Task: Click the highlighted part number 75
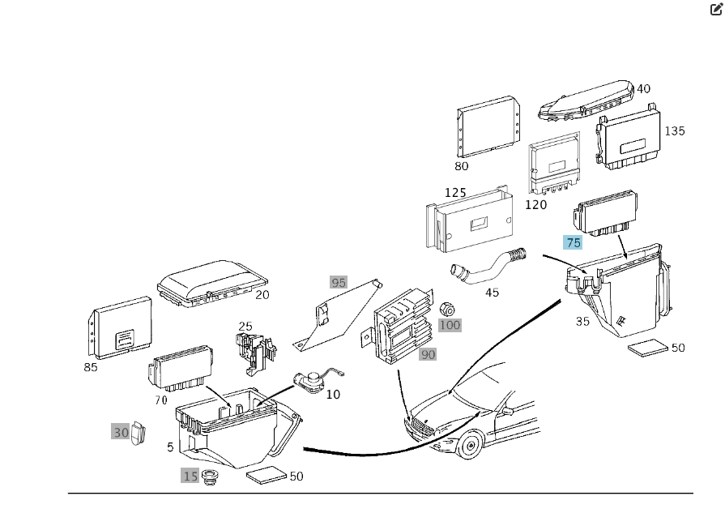click(574, 242)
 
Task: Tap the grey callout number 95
click(339, 283)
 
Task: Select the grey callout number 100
click(450, 325)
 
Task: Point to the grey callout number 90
click(428, 354)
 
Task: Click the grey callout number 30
click(121, 433)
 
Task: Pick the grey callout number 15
click(190, 476)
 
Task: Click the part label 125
click(455, 193)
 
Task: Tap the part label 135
click(674, 130)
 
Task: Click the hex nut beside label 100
click(446, 308)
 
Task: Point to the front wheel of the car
click(469, 445)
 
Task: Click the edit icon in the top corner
click(716, 10)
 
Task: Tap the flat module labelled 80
click(486, 129)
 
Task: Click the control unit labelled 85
click(120, 327)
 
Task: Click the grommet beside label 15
click(213, 478)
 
